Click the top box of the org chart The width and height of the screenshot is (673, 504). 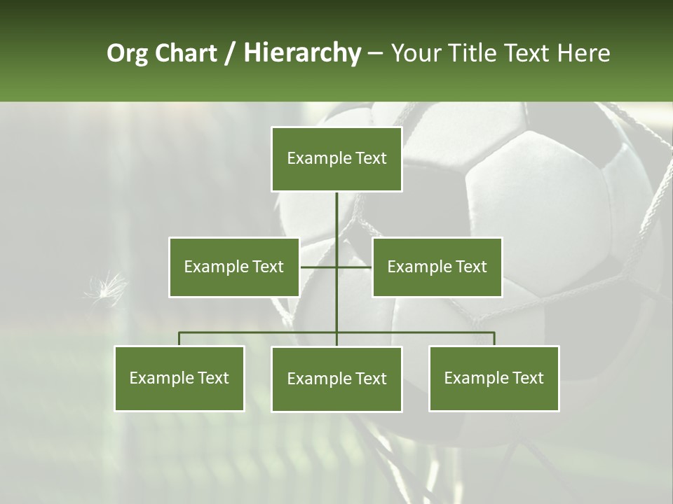point(336,159)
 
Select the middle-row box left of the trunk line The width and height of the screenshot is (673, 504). point(233,267)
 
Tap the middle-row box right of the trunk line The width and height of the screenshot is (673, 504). point(437,267)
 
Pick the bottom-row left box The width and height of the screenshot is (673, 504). point(179,378)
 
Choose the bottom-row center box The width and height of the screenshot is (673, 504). point(336,379)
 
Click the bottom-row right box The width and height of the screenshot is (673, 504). point(494,378)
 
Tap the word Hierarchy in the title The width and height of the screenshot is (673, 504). point(302,53)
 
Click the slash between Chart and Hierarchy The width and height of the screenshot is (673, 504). point(230,53)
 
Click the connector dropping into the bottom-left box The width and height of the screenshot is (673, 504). point(179,339)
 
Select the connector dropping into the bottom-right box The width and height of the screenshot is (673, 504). point(494,339)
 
